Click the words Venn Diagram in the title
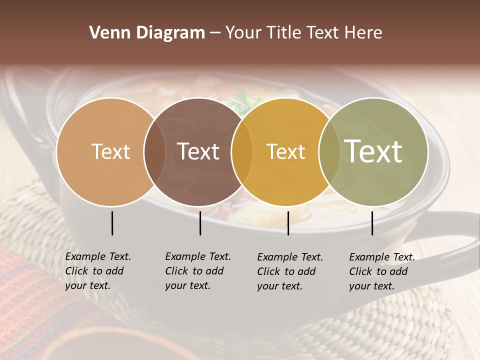pyautogui.click(x=147, y=33)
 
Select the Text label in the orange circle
pyautogui.click(x=110, y=152)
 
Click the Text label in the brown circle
pyautogui.click(x=198, y=152)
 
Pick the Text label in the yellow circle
pyautogui.click(x=285, y=152)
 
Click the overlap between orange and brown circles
pyautogui.click(x=154, y=152)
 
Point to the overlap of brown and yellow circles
pyautogui.click(x=242, y=152)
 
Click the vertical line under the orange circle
pyautogui.click(x=112, y=223)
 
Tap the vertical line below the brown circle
pyautogui.click(x=200, y=223)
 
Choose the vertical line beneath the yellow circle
pyautogui.click(x=288, y=223)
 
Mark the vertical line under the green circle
pyautogui.click(x=372, y=223)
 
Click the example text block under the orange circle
pyautogui.click(x=97, y=271)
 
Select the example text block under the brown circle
pyautogui.click(x=197, y=271)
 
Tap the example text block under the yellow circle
pyautogui.click(x=289, y=271)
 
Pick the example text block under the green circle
pyautogui.click(x=381, y=271)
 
